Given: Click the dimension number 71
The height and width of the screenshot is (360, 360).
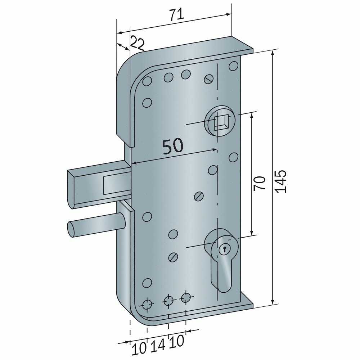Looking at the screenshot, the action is coord(177,14).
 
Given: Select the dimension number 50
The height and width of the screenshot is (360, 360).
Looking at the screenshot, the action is coord(173,146).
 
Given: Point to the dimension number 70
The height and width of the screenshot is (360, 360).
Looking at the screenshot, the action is coord(260,183).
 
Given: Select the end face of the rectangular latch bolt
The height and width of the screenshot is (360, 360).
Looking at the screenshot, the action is coord(71,189).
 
